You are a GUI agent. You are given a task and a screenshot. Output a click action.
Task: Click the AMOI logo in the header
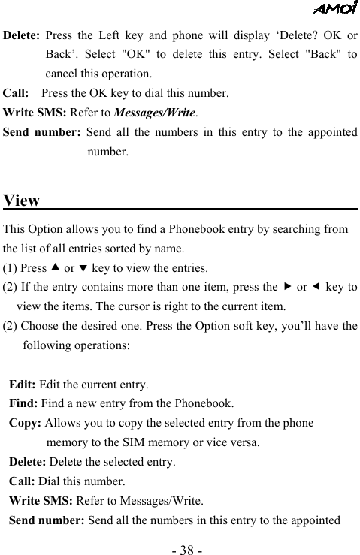coord(335,8)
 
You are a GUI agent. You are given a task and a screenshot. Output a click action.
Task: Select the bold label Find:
coord(23,403)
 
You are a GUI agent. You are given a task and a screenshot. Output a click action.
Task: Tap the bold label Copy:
coord(26,423)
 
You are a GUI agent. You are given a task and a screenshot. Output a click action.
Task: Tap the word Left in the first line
coord(113,36)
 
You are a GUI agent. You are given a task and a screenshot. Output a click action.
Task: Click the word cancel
coord(62,74)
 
